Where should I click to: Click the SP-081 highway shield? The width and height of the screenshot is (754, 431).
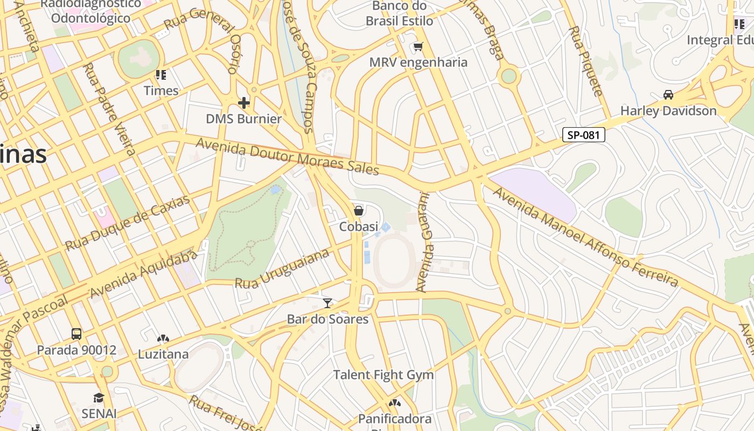pyautogui.click(x=584, y=135)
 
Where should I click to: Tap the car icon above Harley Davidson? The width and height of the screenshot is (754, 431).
pyautogui.click(x=668, y=95)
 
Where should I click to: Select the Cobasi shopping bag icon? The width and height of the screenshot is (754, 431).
pyautogui.click(x=359, y=211)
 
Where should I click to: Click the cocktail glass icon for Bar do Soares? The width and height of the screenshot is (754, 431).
pyautogui.click(x=327, y=303)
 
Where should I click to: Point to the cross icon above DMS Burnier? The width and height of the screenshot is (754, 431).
pyautogui.click(x=244, y=102)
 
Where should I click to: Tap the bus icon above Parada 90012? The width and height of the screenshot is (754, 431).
pyautogui.click(x=76, y=334)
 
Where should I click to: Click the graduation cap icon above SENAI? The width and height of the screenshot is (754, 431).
pyautogui.click(x=99, y=398)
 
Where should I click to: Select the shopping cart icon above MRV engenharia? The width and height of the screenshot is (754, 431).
pyautogui.click(x=418, y=47)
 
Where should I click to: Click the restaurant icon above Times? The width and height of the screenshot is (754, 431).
pyautogui.click(x=160, y=75)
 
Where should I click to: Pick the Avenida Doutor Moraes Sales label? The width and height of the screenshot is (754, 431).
pyautogui.click(x=288, y=156)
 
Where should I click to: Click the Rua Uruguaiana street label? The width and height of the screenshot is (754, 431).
pyautogui.click(x=282, y=269)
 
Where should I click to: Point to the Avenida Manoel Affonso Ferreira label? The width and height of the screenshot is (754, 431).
pyautogui.click(x=585, y=237)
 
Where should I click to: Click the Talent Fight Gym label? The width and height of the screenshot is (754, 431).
pyautogui.click(x=383, y=375)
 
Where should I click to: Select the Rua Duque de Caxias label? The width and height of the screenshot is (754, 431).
pyautogui.click(x=128, y=223)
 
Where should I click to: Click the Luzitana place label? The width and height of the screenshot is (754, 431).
pyautogui.click(x=163, y=354)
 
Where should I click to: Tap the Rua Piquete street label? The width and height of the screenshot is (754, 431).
pyautogui.click(x=586, y=61)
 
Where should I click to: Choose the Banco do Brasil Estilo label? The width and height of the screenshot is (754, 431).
pyautogui.click(x=400, y=14)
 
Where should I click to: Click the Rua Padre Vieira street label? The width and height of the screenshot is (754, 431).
pyautogui.click(x=109, y=108)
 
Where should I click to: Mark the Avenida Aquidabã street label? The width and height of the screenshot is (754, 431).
pyautogui.click(x=144, y=274)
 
